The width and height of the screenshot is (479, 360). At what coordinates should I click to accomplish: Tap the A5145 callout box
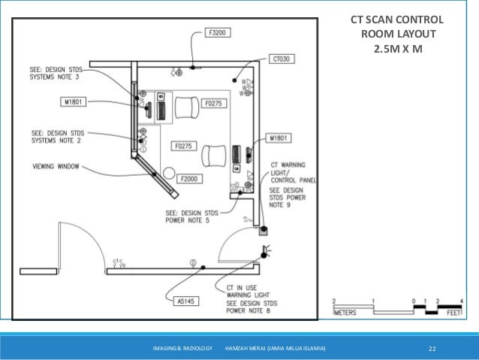click(186, 302)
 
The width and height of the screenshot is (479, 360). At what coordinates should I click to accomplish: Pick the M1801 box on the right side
click(282, 139)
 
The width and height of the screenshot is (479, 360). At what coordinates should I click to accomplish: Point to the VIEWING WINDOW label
click(59, 166)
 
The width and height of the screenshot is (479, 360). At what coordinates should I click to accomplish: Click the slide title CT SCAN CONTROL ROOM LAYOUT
click(397, 34)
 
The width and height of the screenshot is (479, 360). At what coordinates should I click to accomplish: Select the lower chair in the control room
click(214, 156)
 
